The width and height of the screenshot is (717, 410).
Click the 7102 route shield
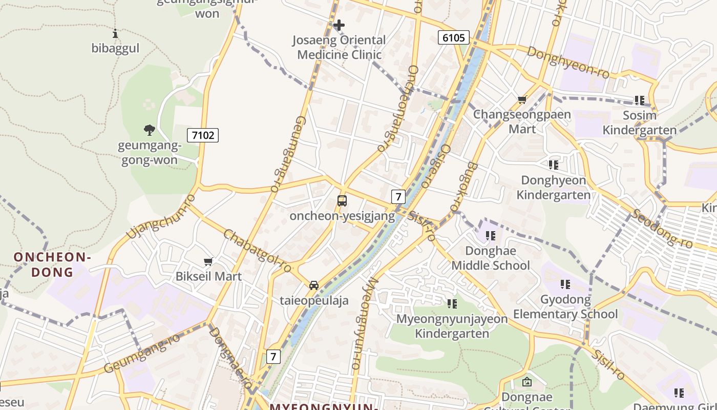pyautogui.click(x=203, y=135)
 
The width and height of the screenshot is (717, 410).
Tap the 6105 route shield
pyautogui.click(x=454, y=37)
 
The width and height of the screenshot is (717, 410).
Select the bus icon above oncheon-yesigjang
pyautogui.click(x=342, y=201)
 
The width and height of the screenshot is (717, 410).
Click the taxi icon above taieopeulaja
pyautogui.click(x=314, y=285)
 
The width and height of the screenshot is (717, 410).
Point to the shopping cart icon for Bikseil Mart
pyautogui.click(x=208, y=262)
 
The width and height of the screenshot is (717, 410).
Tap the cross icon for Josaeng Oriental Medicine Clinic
pyautogui.click(x=339, y=25)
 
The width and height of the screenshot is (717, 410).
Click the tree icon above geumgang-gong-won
pyautogui.click(x=150, y=130)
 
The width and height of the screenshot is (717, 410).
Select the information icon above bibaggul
pyautogui.click(x=115, y=34)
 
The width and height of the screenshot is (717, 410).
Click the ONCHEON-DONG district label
pyautogui.click(x=52, y=264)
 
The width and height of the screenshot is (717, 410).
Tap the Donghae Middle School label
pyautogui.click(x=490, y=258)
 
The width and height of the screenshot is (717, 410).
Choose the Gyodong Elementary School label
pyautogui.click(x=565, y=306)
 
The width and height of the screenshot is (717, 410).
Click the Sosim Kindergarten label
pyautogui.click(x=639, y=122)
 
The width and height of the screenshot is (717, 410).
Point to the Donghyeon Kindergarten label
pyautogui.click(x=553, y=188)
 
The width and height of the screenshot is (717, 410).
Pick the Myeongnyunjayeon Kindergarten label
pyautogui.click(x=452, y=326)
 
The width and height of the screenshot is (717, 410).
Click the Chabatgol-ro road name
pyautogui.click(x=257, y=251)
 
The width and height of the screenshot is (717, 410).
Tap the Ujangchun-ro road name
pyautogui.click(x=161, y=216)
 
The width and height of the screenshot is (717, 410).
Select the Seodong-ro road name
pyautogui.click(x=662, y=229)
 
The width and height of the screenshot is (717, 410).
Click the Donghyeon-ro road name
pyautogui.click(x=568, y=63)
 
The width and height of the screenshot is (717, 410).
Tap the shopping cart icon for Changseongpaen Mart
pyautogui.click(x=522, y=99)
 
